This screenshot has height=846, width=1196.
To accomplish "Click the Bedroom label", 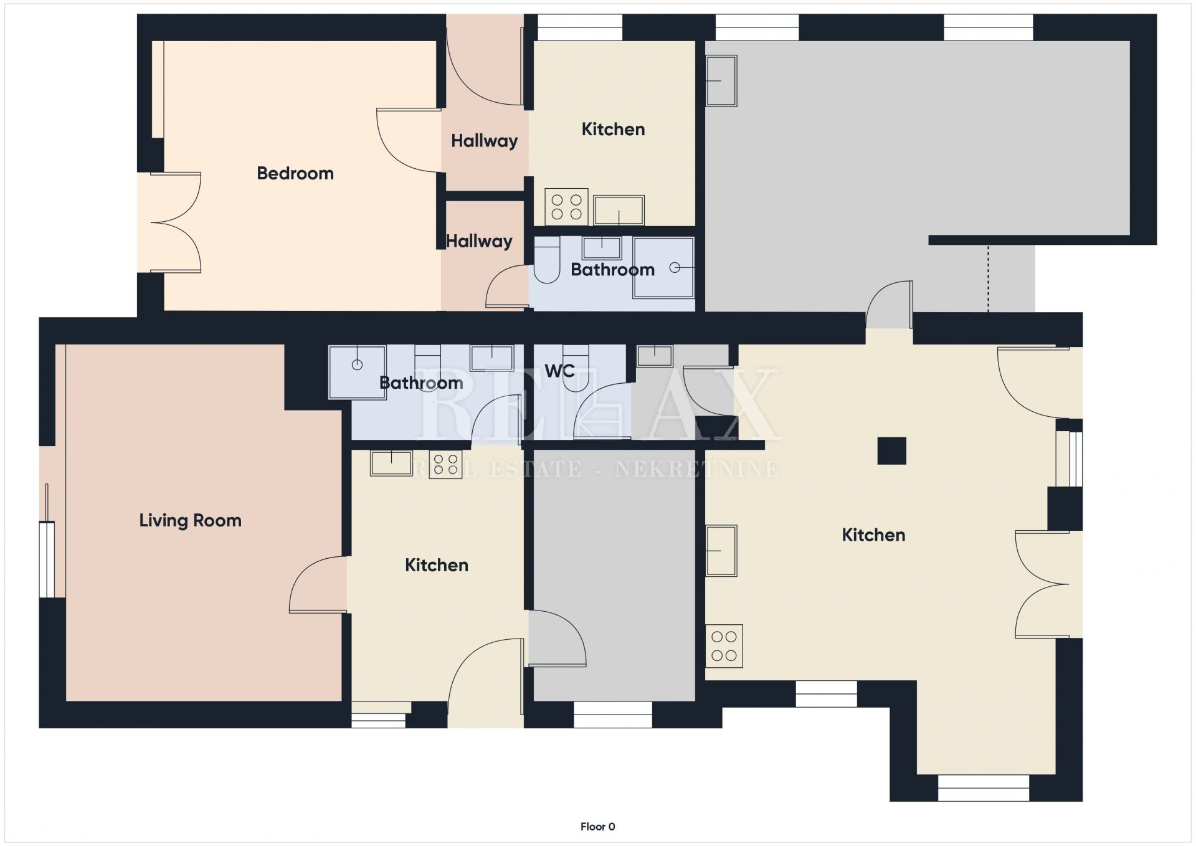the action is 295,173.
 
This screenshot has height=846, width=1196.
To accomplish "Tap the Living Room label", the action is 190,520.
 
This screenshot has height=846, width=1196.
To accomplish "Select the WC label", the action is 559,371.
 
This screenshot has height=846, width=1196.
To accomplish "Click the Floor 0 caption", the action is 597,827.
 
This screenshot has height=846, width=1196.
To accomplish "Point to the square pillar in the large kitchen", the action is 891,450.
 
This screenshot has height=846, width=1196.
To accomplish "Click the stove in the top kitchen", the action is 566,207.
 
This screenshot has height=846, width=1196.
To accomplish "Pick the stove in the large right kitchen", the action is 724,646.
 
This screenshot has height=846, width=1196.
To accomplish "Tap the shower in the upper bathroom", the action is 663,267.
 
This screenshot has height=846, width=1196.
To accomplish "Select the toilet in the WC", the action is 576,368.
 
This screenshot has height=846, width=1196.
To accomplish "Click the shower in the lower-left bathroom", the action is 357,372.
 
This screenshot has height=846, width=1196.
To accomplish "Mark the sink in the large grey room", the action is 721,80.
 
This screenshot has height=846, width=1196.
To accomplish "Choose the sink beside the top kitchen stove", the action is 619,211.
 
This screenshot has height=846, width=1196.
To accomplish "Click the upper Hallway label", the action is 484,141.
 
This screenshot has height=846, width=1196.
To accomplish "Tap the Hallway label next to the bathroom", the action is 479,241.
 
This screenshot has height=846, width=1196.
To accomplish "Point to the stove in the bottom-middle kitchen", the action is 445,464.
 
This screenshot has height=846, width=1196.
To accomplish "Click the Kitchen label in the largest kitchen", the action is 873,535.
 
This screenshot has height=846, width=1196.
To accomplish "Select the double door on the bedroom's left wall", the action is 176,222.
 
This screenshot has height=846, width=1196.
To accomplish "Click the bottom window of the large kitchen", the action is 983,787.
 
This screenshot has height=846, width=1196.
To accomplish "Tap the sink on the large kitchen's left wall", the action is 721,551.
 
